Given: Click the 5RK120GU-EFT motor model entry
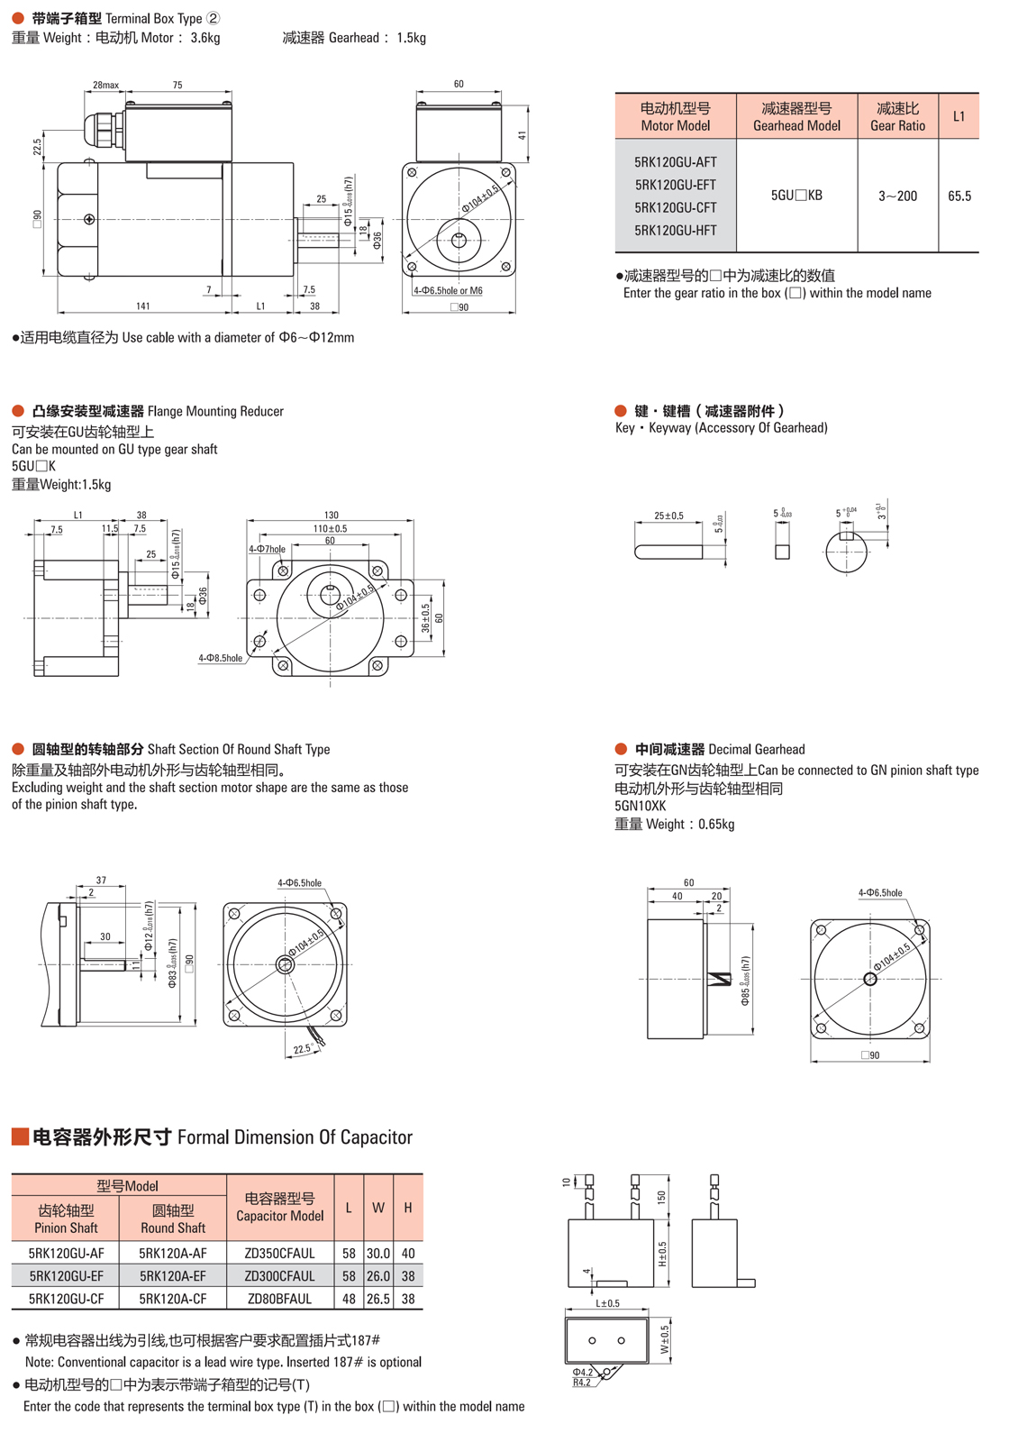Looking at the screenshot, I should pos(675,185).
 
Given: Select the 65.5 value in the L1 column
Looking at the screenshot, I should pos(959,196).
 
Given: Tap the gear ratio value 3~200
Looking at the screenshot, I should pos(897,196).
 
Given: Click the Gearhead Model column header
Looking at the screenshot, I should pos(796,116).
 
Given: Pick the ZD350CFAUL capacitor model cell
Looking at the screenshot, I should pos(279,1253).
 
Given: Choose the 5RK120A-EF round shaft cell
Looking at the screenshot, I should pos(172,1275).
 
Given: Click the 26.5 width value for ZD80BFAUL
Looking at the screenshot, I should pos(378,1299).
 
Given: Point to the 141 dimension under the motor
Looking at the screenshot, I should pos(143,306).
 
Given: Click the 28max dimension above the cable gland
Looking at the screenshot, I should pos(105,85).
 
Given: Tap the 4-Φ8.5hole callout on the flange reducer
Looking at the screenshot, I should pos(221,658).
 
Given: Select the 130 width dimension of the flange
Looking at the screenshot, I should pos(331,516).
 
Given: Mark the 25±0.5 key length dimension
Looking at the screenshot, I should pos(668,516).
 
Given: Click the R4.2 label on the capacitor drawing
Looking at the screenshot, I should pos(582,1383).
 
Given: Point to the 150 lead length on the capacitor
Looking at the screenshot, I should pos(661,1197).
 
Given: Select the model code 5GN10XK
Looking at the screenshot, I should pos(640,806).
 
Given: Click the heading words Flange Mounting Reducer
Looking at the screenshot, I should pos(215,411).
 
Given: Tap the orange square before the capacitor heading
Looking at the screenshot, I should pos(20,1136).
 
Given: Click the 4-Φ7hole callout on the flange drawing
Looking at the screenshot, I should pos(267,549).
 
